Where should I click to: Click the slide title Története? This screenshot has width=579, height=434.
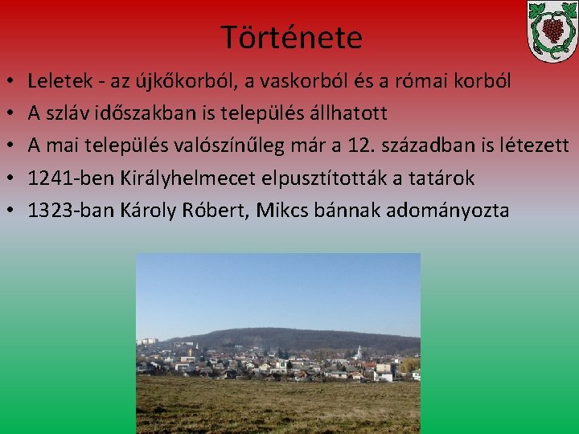point(291,37)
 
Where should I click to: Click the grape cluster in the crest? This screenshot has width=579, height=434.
point(552,29)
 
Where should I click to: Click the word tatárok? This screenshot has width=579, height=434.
point(443,178)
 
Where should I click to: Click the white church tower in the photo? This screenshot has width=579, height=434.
point(357,353)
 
